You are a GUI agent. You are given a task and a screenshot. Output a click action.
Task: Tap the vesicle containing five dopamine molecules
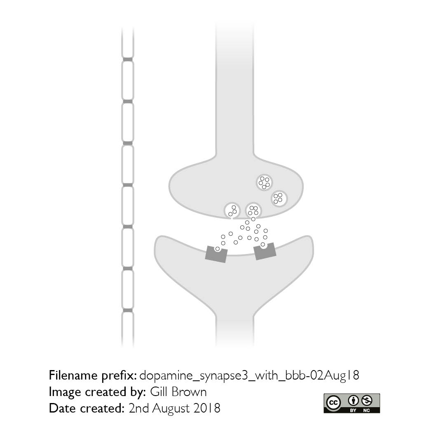coord(264,183)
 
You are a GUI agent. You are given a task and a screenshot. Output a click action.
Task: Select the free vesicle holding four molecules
coord(279,199)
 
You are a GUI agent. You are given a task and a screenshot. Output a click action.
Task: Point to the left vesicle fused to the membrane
coord(232,211)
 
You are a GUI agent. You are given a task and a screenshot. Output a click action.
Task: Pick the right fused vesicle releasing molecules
coord(253,211)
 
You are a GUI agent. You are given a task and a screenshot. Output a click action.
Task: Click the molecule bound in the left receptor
coord(218,248)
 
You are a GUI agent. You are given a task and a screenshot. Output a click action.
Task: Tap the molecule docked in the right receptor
coord(263,244)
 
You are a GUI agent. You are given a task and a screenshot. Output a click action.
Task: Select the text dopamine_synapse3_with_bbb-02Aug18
coord(249,375)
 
